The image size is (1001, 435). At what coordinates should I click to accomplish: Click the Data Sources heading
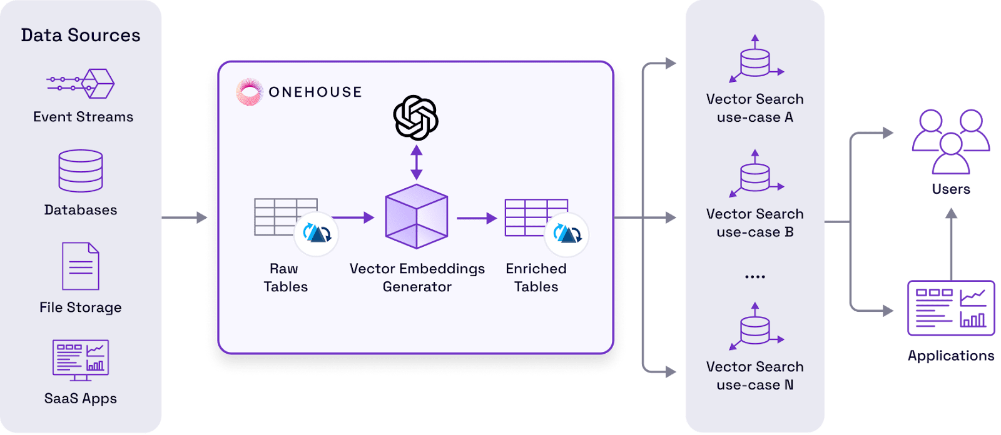click(x=81, y=35)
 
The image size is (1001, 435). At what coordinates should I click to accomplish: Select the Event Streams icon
click(x=81, y=84)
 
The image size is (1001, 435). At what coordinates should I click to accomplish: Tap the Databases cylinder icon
click(x=81, y=171)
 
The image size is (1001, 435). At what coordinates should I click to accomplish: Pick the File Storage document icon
click(x=81, y=266)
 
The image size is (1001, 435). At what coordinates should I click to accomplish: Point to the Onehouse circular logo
click(x=250, y=92)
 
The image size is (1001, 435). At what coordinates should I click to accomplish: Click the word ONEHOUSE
click(x=315, y=92)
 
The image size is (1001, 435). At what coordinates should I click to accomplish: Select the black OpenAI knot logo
click(x=415, y=117)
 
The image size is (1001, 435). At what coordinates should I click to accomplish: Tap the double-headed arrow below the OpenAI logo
click(x=417, y=162)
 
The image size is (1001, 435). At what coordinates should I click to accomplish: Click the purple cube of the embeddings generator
click(x=417, y=216)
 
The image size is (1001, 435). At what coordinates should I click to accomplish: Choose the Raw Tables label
click(x=285, y=277)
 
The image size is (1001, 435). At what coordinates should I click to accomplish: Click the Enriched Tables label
click(x=536, y=277)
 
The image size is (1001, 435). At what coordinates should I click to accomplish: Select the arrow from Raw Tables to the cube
click(x=353, y=217)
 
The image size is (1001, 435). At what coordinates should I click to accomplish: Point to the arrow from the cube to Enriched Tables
click(x=477, y=218)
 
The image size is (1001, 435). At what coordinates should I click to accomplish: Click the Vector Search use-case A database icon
click(x=755, y=59)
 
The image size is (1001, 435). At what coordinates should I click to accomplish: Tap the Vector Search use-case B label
click(x=755, y=223)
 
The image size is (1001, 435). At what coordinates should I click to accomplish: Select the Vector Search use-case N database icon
click(x=755, y=327)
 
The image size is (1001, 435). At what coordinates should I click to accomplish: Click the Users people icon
click(x=950, y=142)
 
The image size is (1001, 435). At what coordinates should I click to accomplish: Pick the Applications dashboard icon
click(x=951, y=308)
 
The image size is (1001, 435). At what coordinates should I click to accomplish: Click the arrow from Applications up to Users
click(x=952, y=244)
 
